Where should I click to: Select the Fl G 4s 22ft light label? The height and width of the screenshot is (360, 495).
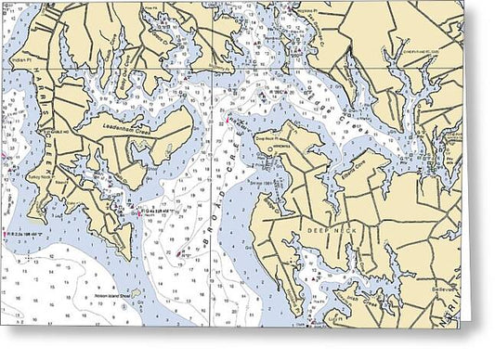pyautogui.click(x=158, y=210)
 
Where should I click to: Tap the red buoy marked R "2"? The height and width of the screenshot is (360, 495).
pyautogui.click(x=179, y=251)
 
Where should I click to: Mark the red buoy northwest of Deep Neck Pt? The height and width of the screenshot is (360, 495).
pyautogui.click(x=224, y=121)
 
